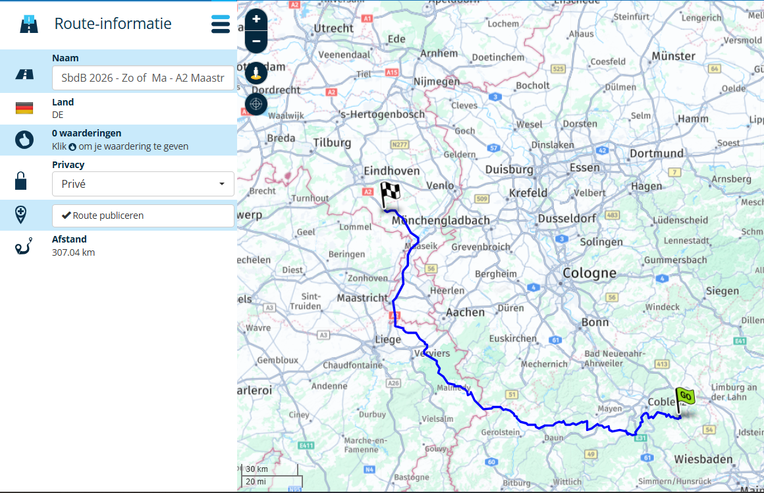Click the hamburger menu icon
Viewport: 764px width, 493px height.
[x=221, y=24]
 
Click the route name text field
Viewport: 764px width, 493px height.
[x=143, y=78]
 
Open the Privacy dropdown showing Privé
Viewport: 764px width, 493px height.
[x=143, y=184]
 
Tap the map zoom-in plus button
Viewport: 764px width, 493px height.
[x=256, y=20]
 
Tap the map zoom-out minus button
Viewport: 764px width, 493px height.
[x=256, y=41]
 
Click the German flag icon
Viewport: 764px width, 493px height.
[x=24, y=108]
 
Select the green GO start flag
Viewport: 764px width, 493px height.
[x=684, y=397]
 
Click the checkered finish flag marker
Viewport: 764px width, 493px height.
[x=389, y=194]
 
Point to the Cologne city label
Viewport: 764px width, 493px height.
[x=589, y=273]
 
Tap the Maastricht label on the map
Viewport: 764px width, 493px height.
[x=362, y=298]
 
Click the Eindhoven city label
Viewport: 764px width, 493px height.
[x=392, y=171]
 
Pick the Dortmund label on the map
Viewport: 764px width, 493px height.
[x=657, y=154]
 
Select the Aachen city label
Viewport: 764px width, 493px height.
[x=465, y=312]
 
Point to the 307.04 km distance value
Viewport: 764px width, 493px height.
[x=73, y=252]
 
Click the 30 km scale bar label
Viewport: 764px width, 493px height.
[x=257, y=469]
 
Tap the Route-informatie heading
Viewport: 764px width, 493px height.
[x=113, y=24]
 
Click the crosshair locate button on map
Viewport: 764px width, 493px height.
[x=256, y=103]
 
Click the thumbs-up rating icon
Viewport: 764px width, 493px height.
[x=24, y=140]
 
